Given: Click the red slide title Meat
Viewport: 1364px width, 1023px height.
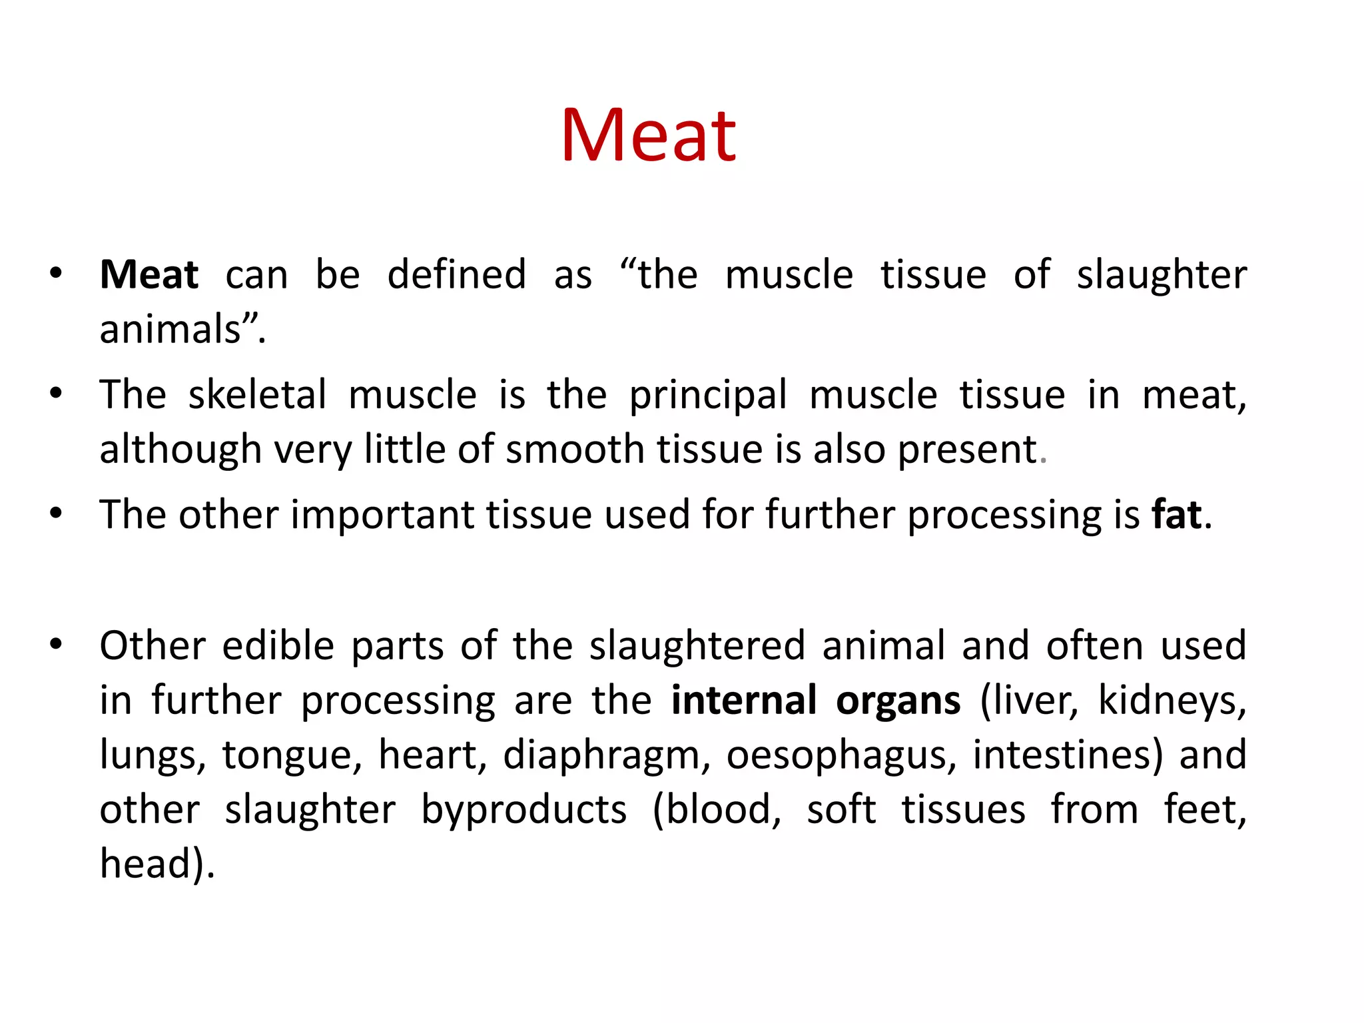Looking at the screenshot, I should [x=649, y=137].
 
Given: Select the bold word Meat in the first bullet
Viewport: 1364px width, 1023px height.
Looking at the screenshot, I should [x=149, y=275].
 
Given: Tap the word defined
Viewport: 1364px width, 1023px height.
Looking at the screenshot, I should [x=457, y=275].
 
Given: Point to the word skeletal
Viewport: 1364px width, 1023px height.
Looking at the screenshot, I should [x=257, y=395].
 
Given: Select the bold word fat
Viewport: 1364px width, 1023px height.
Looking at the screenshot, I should [x=1177, y=515].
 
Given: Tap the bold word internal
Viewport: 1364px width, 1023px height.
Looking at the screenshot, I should [x=744, y=701].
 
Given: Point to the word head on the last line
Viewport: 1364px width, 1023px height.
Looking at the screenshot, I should [x=146, y=864].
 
